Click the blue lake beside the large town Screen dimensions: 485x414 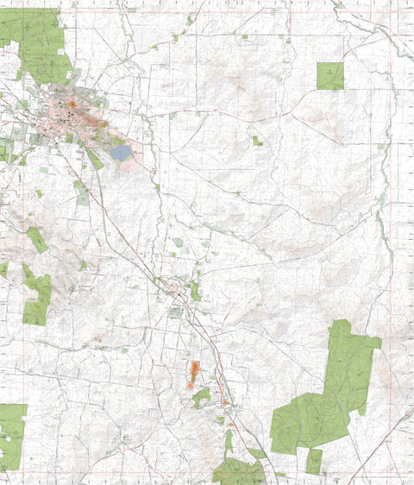tap(121, 153)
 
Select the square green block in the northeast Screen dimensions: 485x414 tap(329, 76)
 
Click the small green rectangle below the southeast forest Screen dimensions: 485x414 tap(314, 461)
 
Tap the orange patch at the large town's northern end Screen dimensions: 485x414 tap(72, 104)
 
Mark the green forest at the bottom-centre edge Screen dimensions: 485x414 tap(237, 472)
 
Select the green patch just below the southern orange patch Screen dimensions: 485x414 tap(201, 397)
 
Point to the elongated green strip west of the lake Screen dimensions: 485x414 tap(94, 159)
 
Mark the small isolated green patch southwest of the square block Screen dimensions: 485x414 tap(257, 140)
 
